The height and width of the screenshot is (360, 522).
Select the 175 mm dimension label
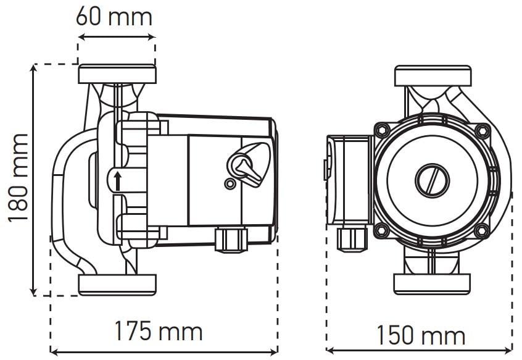tap(158, 332)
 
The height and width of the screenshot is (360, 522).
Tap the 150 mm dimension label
tap(421, 336)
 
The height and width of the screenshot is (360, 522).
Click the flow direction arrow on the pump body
tap(117, 181)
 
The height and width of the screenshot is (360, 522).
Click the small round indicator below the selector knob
tap(230, 184)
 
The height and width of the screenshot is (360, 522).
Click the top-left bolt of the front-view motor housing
tap(382, 130)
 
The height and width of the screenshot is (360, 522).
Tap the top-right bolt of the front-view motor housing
tap(482, 130)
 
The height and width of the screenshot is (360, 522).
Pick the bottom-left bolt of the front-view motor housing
tap(382, 230)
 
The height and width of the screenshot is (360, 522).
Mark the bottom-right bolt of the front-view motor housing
tap(482, 230)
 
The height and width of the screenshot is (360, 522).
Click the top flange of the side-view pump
tap(117, 74)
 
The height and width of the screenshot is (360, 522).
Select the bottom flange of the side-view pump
tap(117, 284)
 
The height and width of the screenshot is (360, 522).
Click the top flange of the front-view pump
tap(433, 76)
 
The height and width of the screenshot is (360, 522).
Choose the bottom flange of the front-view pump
tap(432, 283)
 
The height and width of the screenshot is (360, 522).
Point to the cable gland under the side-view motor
tap(231, 238)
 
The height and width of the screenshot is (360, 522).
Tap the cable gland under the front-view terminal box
tap(352, 238)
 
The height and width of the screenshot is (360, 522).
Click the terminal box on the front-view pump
tap(349, 179)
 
